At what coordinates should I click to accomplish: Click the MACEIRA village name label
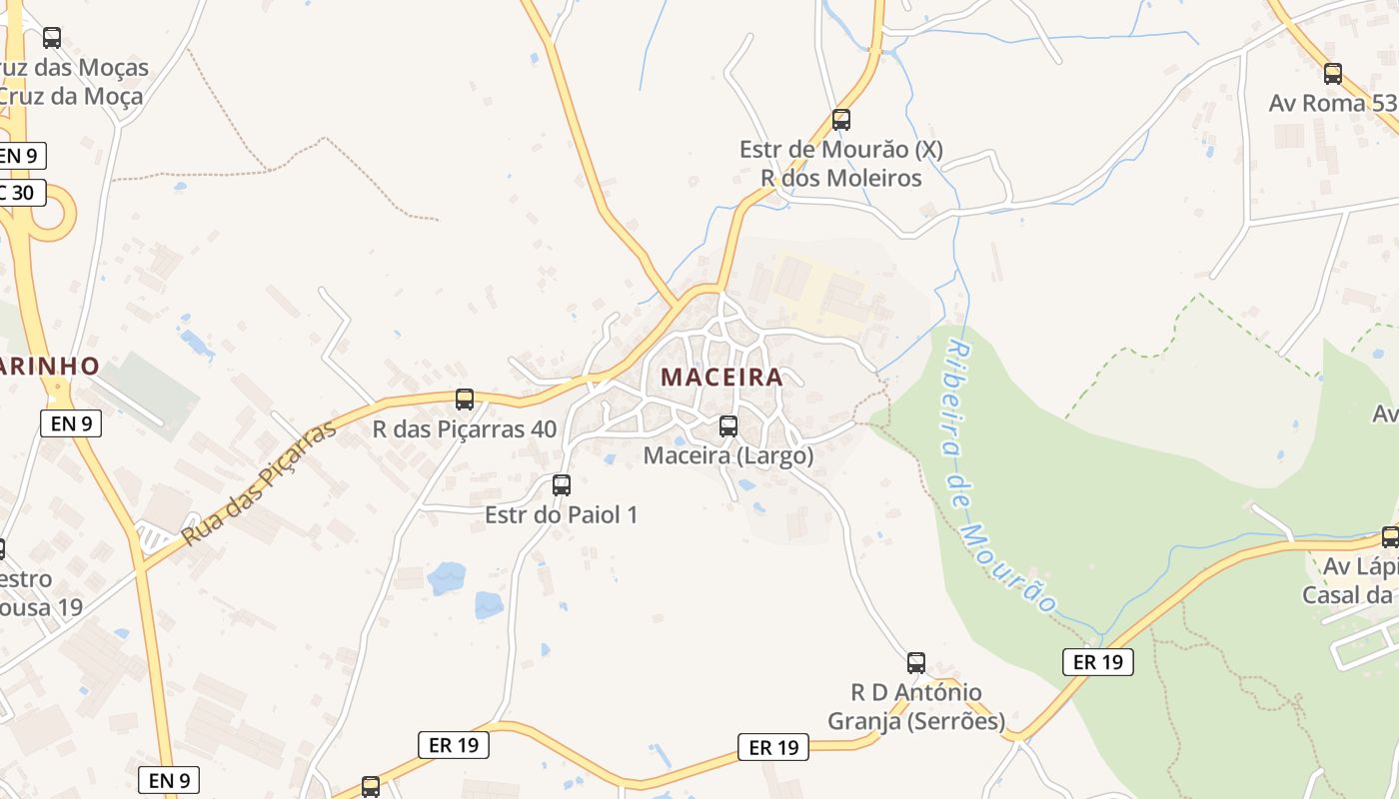coord(721,378)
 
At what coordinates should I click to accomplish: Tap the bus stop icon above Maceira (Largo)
coord(728,426)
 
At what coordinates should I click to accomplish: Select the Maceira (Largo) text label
coord(728,455)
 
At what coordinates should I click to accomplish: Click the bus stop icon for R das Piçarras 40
coord(465,399)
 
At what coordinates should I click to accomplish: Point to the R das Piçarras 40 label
coord(465,429)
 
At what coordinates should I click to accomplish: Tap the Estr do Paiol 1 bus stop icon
coord(562,485)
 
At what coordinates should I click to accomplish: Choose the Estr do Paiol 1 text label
coord(562,514)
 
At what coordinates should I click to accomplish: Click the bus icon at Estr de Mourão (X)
coord(841,120)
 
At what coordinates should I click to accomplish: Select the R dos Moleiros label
coord(841,178)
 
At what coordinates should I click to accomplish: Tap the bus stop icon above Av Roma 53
coord(1333,73)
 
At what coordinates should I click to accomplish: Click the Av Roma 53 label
coord(1333,103)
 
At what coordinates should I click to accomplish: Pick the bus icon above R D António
coord(916,662)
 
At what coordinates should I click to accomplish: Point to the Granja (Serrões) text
coord(916,721)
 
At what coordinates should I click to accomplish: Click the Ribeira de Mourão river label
coord(999,477)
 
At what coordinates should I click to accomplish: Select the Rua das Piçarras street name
coord(260,482)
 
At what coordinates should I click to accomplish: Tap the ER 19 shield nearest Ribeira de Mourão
coord(1097,661)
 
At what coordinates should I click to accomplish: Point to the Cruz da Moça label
coord(70,97)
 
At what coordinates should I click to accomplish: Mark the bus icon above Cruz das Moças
coord(52,38)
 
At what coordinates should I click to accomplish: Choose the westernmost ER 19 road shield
coord(453,744)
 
